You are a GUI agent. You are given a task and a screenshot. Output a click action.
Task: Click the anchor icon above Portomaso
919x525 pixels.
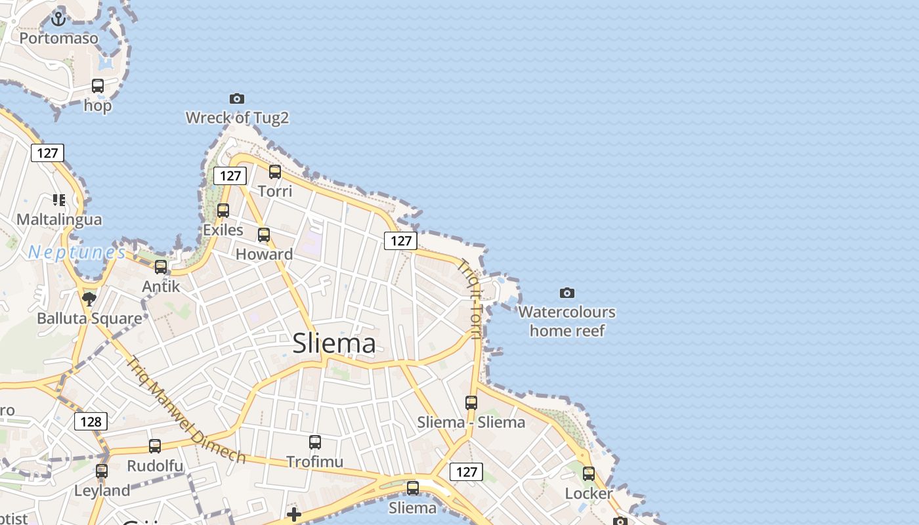point(59,18)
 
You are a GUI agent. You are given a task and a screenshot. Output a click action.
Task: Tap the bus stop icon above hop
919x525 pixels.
point(98,85)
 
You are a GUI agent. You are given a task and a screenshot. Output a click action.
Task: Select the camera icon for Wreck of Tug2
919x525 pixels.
point(237,98)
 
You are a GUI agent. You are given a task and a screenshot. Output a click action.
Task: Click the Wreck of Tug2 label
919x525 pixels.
point(237,118)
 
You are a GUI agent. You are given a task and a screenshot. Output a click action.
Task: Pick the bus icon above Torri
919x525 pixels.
point(275,172)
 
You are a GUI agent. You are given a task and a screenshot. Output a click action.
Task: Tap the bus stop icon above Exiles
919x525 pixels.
point(223,211)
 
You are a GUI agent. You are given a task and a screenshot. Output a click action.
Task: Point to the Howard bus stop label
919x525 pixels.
point(264,254)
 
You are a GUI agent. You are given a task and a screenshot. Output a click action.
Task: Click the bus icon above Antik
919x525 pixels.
point(161,267)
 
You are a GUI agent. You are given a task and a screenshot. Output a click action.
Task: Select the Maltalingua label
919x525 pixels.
point(59,219)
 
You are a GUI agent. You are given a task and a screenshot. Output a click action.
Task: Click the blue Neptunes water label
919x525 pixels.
point(77,252)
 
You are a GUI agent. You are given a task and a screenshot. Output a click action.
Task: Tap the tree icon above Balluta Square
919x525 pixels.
point(89,299)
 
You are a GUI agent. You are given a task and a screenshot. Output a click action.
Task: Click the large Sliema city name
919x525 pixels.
point(334,343)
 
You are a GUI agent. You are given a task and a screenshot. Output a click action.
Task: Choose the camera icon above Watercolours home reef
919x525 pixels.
point(567,293)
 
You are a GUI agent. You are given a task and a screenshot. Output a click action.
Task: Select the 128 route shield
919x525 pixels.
point(91,421)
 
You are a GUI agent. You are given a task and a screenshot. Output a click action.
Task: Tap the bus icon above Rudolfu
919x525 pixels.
point(155,446)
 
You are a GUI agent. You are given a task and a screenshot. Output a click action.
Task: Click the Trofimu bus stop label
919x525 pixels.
point(315,462)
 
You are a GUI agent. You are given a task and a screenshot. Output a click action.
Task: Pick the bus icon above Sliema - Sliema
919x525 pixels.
point(471,403)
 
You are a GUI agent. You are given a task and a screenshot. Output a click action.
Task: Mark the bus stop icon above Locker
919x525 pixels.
point(589,474)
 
